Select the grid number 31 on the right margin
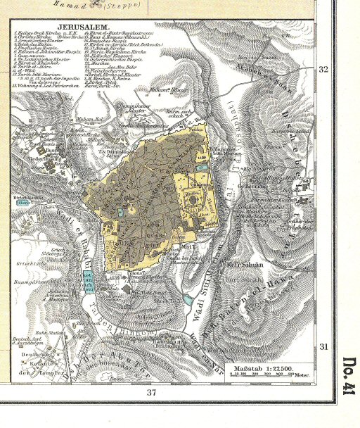click(x=323, y=347)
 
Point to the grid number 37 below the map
click(x=150, y=392)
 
